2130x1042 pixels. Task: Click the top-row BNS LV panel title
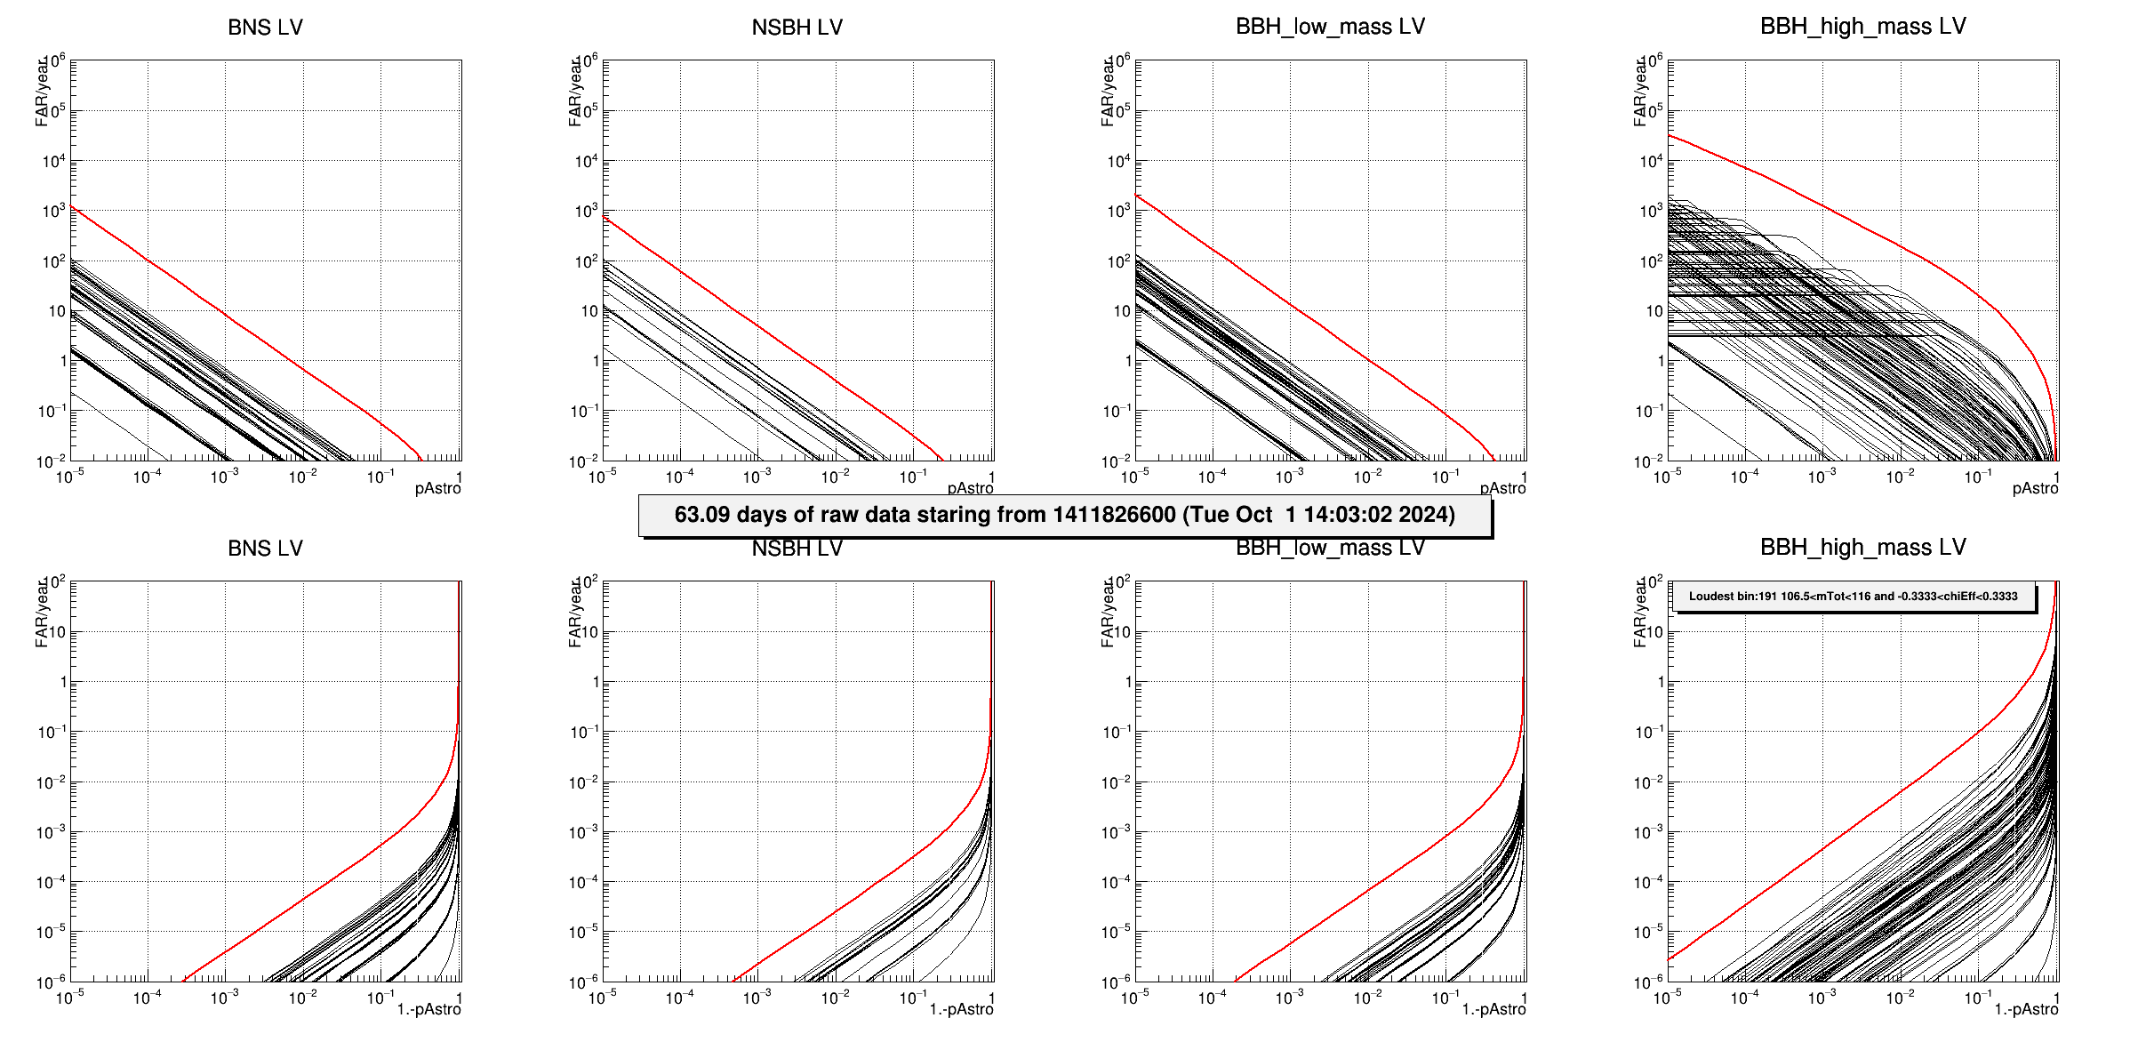(x=265, y=28)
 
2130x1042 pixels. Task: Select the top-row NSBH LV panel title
(x=797, y=28)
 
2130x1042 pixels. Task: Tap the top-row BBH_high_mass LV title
(x=1862, y=27)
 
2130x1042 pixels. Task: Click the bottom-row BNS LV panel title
(x=265, y=549)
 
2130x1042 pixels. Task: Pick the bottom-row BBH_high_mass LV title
(x=1862, y=548)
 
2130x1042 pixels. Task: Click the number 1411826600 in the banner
(x=1114, y=515)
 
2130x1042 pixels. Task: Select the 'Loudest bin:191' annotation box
(x=1854, y=597)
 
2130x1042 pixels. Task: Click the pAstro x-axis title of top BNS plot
(x=437, y=489)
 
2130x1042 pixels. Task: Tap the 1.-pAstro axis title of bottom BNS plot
(x=428, y=1010)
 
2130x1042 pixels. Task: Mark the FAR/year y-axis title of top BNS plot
(x=42, y=92)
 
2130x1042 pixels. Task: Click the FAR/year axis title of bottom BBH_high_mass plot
(x=1640, y=613)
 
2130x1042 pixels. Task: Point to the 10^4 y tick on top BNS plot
(x=54, y=161)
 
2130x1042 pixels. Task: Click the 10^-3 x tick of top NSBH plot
(x=757, y=477)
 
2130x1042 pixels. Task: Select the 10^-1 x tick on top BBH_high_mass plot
(x=1978, y=477)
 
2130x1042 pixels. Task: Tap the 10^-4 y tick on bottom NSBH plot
(x=585, y=882)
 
